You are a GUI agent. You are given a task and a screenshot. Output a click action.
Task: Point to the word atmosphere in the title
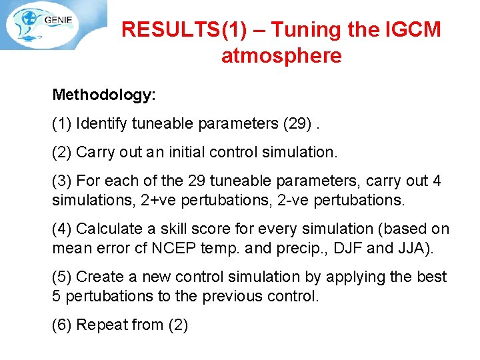[x=281, y=55]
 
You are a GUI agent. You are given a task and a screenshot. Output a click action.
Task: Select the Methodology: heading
[x=104, y=95]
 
